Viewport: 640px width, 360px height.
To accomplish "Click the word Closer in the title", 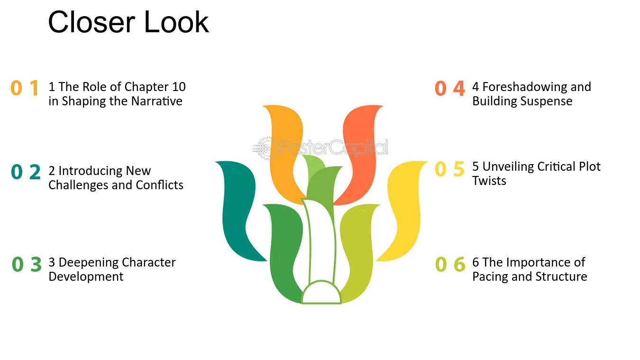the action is (91, 22).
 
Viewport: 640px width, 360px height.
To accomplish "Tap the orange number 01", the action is (25, 88).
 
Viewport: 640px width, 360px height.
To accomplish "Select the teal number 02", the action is (26, 172).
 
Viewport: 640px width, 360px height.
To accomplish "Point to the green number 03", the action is (27, 264).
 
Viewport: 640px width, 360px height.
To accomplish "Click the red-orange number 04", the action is (450, 88).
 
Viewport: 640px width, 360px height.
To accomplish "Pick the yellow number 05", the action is (449, 169).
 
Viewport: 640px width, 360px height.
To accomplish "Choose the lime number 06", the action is (450, 264).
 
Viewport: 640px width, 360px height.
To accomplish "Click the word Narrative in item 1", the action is (156, 101).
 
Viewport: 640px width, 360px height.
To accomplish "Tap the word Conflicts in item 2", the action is (159, 185).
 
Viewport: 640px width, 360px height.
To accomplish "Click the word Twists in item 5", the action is (489, 181).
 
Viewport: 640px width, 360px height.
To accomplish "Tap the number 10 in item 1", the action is (179, 87).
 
